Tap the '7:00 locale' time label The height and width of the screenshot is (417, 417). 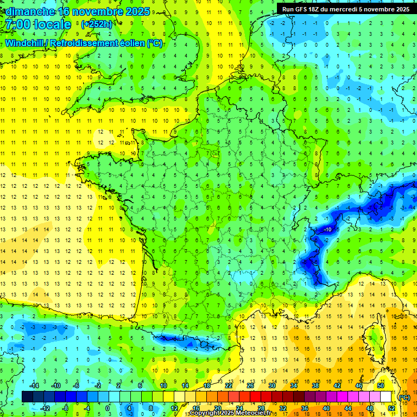tap(37, 24)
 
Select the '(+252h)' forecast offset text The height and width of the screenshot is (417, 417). tap(97, 24)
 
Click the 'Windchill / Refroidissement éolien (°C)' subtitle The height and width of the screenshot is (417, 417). tap(84, 43)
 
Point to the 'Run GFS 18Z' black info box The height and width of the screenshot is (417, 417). tap(346, 9)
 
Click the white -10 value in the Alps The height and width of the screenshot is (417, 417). tap(327, 230)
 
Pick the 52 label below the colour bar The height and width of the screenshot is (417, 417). tap(391, 408)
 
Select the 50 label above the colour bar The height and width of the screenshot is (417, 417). tap(381, 386)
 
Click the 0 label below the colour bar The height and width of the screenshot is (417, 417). tap(108, 408)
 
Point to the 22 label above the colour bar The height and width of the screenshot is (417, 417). tap(229, 386)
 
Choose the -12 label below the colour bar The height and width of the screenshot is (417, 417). tap(45, 408)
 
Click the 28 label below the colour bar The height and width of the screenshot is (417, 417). tap(261, 408)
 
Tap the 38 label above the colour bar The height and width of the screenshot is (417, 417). tap(315, 386)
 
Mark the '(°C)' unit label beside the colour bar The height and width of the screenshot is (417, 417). tap(404, 397)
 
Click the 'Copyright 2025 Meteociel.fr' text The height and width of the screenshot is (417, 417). tap(230, 413)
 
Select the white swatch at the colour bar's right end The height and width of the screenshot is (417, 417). tap(386, 396)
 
